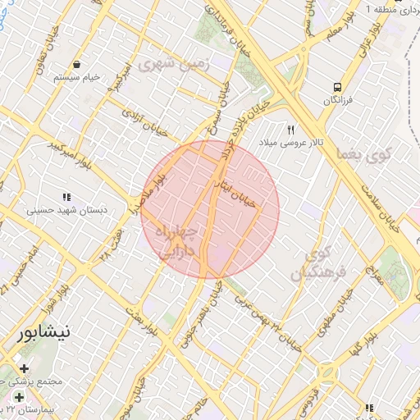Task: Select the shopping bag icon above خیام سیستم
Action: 76,64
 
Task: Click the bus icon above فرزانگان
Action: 337,87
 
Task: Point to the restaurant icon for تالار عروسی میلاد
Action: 290,130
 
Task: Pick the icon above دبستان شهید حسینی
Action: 66,197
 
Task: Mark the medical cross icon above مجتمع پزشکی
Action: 24,368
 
